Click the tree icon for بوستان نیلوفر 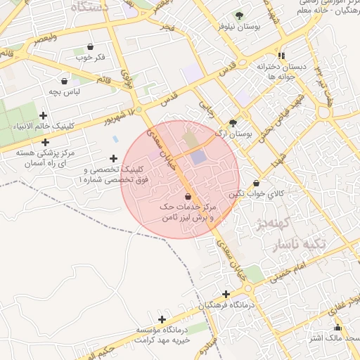[x=239, y=15]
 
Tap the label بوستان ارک [x=240, y=132]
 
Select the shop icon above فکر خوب [x=90, y=47]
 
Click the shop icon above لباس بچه [x=64, y=81]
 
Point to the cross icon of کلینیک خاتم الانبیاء [x=44, y=115]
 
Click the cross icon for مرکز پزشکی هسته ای [x=45, y=142]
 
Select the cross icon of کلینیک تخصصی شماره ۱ [x=113, y=159]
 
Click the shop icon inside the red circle [x=188, y=196]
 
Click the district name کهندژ [x=257, y=226]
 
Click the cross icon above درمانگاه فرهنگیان [x=226, y=294]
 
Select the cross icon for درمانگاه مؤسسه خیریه [x=162, y=320]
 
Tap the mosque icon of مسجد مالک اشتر [x=337, y=327]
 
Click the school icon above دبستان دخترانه [x=281, y=56]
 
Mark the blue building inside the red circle [x=199, y=158]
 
